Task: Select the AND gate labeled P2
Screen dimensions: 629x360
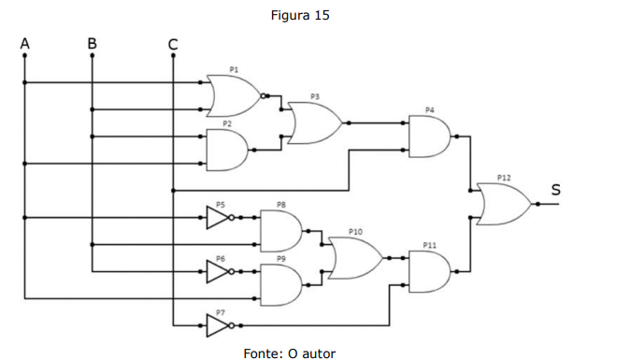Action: pos(227,151)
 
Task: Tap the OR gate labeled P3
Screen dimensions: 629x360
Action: pos(315,122)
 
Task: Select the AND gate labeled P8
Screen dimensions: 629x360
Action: pos(281,231)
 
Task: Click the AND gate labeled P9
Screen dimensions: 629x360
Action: pos(281,285)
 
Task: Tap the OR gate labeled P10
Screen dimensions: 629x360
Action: pos(356,258)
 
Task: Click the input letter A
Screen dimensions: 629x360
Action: pos(25,43)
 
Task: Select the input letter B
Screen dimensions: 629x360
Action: pos(93,43)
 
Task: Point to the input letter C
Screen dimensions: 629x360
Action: pos(173,44)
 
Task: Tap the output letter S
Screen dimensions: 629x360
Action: pos(555,190)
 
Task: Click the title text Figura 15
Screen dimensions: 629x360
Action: pos(300,15)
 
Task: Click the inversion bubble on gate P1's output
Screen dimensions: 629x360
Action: pos(264,96)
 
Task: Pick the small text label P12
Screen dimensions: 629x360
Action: pos(504,178)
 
